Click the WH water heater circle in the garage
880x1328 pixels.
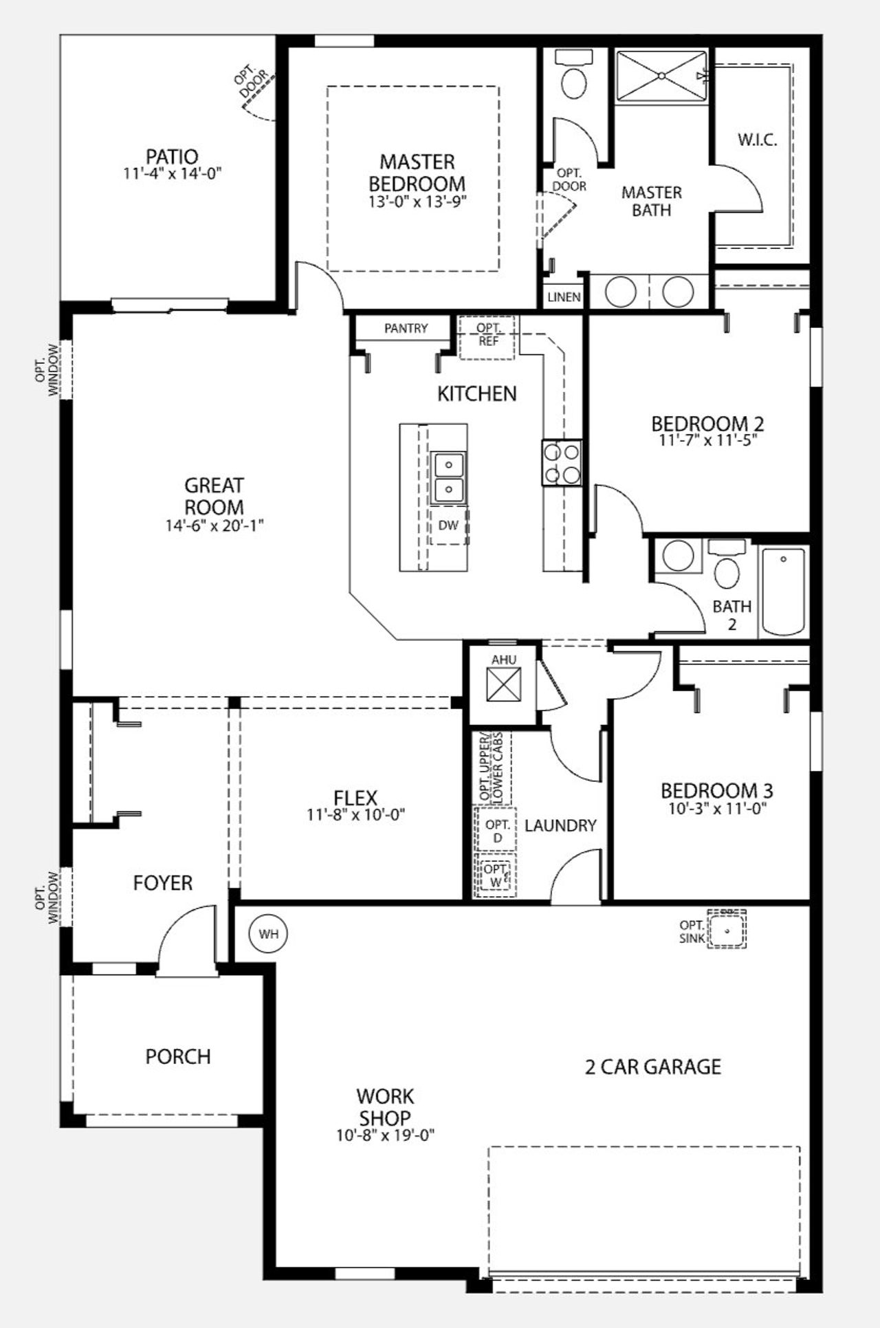(x=268, y=934)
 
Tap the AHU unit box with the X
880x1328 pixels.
(x=504, y=685)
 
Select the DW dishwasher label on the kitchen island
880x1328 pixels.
(x=448, y=525)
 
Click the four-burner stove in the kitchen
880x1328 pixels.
(x=562, y=463)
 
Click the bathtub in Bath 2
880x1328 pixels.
(x=784, y=591)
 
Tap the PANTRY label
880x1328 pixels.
(x=406, y=329)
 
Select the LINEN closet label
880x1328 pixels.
(x=564, y=298)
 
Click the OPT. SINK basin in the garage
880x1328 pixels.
(x=727, y=930)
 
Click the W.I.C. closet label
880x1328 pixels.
(x=758, y=140)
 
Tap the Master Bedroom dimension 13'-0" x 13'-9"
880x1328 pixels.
(x=417, y=202)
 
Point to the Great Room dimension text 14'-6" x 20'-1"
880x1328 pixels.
(x=214, y=525)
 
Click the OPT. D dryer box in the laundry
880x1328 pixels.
(x=497, y=831)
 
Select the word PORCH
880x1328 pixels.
(x=177, y=1056)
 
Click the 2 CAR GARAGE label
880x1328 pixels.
(x=652, y=1067)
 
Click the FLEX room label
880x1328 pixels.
(x=355, y=798)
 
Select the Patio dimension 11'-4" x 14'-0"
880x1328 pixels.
(x=172, y=173)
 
